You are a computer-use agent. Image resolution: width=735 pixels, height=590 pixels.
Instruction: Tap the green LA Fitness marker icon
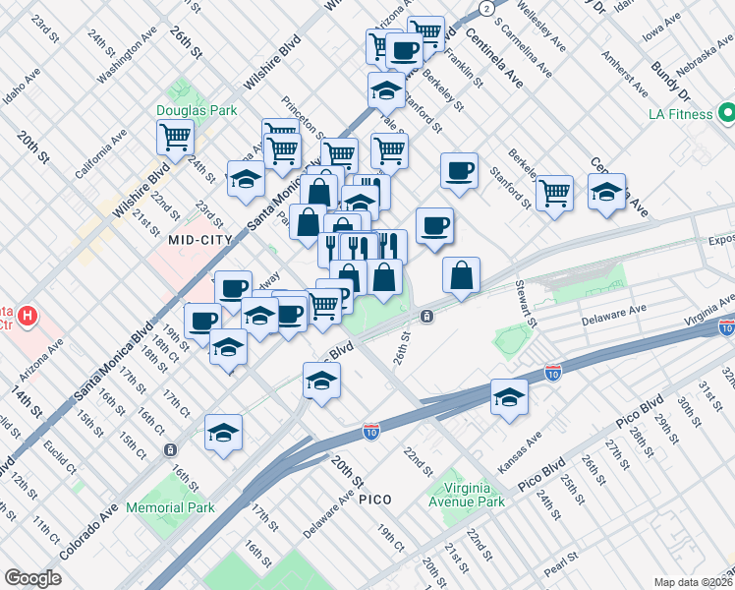728,112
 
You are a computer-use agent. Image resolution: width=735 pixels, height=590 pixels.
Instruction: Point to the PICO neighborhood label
374,500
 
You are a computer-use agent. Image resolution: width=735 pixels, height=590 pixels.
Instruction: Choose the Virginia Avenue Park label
461,493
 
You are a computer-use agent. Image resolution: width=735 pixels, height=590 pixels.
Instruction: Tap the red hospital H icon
28,317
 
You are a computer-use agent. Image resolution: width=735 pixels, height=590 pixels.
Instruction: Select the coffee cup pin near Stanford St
459,171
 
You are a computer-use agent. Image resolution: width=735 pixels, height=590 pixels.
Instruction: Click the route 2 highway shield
486,7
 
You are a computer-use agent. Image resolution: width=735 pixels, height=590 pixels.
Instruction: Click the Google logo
33,578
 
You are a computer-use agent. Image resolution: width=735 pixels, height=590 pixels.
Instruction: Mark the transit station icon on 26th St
427,316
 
